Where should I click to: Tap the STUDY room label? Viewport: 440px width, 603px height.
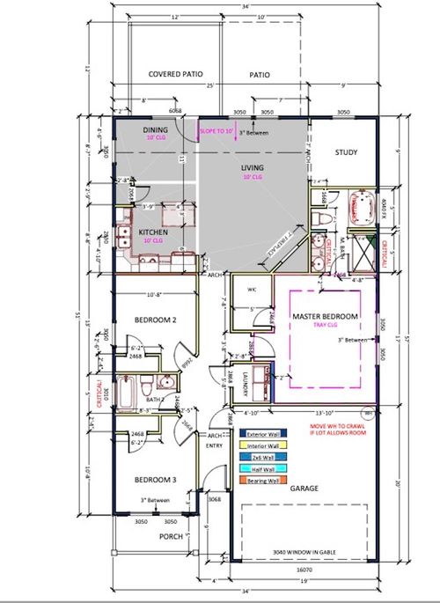[346, 152]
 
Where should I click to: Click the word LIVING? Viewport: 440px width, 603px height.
[254, 166]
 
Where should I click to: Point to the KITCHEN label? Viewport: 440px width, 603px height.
[154, 232]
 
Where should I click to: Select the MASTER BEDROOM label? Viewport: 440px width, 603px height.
[326, 316]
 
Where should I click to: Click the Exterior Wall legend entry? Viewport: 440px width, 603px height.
[268, 433]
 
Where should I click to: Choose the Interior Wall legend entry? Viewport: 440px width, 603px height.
[268, 445]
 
